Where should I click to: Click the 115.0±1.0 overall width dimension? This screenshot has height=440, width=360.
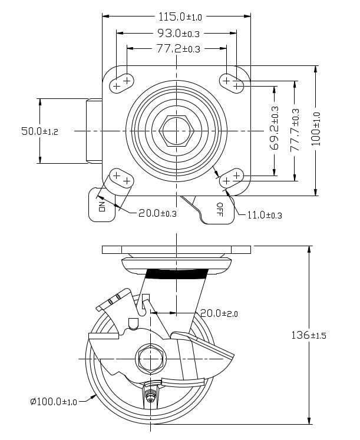coord(177,17)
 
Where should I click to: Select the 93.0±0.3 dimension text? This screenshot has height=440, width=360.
coord(177,33)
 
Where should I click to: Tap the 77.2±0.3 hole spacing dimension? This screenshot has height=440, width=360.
coord(177,48)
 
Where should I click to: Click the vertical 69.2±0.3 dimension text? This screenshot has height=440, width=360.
coord(275,128)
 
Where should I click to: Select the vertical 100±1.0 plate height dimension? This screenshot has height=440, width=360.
coord(316,128)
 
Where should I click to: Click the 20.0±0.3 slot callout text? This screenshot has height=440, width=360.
coord(157,213)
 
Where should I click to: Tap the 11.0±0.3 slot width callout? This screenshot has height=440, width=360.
coord(263,216)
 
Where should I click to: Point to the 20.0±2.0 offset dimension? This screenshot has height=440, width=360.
coord(219,313)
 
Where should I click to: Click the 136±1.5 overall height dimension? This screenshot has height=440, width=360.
coord(309,335)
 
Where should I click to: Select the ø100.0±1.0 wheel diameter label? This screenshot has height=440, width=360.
coord(53,402)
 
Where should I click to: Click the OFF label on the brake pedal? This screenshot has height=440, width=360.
coord(219,209)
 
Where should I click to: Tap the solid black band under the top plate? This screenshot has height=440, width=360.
coord(177,273)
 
